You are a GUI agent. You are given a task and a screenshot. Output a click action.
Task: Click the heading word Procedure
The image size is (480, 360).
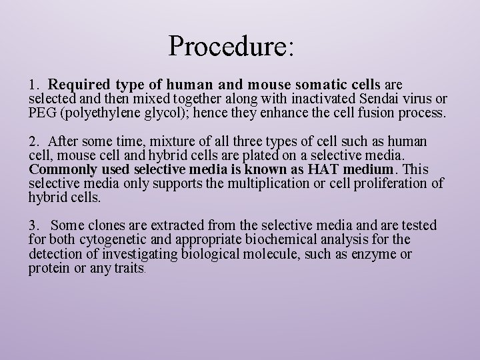click(231, 45)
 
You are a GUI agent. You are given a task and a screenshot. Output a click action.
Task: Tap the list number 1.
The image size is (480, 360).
click(34, 86)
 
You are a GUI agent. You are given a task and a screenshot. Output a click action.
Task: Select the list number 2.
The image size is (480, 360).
click(34, 142)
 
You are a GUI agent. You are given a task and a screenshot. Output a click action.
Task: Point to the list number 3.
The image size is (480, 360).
click(34, 226)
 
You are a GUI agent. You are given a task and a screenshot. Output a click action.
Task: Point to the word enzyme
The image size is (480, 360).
click(377, 255)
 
